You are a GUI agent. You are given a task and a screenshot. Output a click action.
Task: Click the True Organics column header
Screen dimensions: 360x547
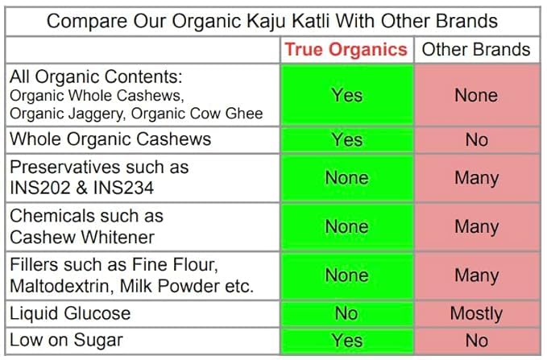346,50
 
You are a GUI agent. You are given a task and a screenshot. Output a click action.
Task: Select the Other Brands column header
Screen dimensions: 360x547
476,50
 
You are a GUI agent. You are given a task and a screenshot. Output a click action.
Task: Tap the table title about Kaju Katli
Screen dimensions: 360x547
272,20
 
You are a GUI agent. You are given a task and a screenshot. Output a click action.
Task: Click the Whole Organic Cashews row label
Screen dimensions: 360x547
110,139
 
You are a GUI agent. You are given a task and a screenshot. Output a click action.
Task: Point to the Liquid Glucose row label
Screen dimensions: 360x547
70,313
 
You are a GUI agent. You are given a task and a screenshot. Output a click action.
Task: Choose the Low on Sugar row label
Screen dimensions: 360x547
66,340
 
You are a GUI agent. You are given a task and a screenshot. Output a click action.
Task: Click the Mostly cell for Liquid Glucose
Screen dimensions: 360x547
476,313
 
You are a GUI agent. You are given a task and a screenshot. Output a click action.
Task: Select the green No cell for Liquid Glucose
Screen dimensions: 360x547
346,313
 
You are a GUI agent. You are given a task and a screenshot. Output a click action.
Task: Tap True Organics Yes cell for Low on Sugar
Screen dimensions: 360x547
346,341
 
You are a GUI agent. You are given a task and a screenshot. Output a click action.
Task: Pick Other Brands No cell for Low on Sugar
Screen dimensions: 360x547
476,341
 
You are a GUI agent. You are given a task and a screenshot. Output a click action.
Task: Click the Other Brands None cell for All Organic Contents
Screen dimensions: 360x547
476,95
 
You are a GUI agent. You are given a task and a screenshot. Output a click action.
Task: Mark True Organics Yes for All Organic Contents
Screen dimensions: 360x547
346,95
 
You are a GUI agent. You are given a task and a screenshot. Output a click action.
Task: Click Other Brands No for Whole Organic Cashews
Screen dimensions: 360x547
476,140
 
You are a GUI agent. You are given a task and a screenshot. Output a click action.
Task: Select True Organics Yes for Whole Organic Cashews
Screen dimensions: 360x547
346,140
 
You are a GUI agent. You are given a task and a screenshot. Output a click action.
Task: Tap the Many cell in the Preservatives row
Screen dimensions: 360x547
476,178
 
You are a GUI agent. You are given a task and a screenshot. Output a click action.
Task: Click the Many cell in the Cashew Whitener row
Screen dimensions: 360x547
476,227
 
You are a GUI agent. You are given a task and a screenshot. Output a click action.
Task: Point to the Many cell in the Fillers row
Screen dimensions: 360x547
476,275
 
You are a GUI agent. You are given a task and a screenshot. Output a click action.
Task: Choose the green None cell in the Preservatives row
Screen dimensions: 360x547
346,178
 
